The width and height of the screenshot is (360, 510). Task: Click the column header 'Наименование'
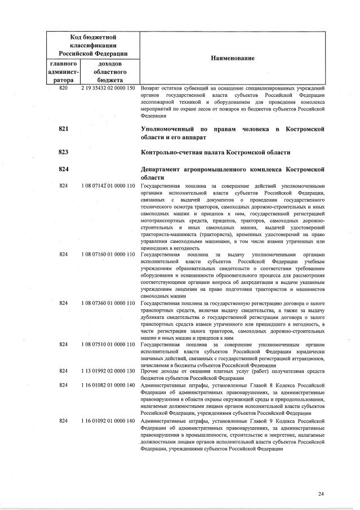coord(233,59)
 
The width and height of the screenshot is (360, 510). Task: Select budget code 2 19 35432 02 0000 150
coord(108,88)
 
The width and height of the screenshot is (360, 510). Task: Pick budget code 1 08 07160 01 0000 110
coord(108,255)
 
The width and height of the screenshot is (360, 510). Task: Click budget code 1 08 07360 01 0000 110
coord(108,303)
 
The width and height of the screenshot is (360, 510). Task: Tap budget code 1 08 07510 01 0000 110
coord(108,344)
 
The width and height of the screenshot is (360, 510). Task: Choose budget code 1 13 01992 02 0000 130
coord(108,371)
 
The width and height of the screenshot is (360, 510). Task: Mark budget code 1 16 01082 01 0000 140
coord(108,385)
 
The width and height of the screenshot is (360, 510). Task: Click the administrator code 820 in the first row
coord(63,88)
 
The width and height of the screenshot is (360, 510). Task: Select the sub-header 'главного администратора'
coord(63,72)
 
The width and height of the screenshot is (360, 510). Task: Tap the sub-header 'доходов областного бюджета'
coord(107,72)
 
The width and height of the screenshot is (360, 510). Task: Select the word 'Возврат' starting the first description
coord(150,88)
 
